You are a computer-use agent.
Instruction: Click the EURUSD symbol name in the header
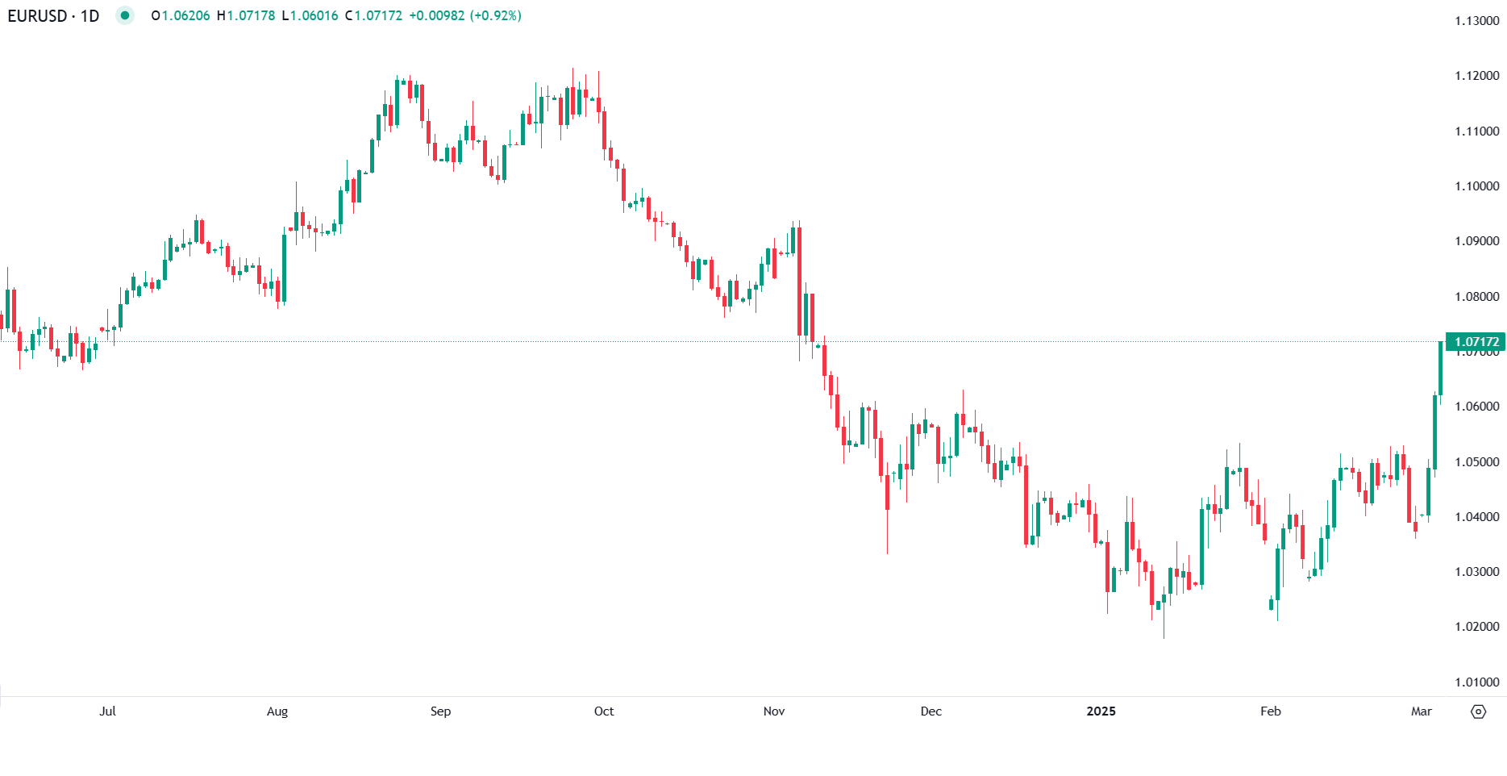point(37,15)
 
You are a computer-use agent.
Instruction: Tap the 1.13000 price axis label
point(1476,21)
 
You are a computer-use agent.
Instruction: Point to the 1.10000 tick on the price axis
point(1476,186)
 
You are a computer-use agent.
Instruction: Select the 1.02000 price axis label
point(1476,627)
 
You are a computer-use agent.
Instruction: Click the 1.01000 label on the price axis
point(1476,682)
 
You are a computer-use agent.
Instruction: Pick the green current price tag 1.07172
point(1476,342)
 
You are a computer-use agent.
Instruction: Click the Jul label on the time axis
point(107,711)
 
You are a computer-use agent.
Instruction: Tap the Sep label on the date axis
point(440,711)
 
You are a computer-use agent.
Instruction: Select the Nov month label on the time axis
point(773,711)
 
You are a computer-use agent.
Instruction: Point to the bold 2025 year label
point(1101,711)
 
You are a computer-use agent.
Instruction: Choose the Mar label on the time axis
point(1421,711)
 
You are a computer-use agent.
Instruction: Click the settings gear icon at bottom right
point(1478,711)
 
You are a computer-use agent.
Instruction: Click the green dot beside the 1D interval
point(124,15)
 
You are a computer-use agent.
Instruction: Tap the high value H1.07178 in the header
point(246,15)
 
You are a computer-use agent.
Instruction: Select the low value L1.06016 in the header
point(310,15)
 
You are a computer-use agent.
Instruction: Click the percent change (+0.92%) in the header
point(495,15)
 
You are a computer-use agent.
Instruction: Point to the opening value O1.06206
point(181,15)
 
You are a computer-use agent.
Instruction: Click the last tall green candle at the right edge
point(1440,367)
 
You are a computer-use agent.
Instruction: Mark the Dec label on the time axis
point(930,711)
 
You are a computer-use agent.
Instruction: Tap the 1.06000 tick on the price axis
point(1476,407)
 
